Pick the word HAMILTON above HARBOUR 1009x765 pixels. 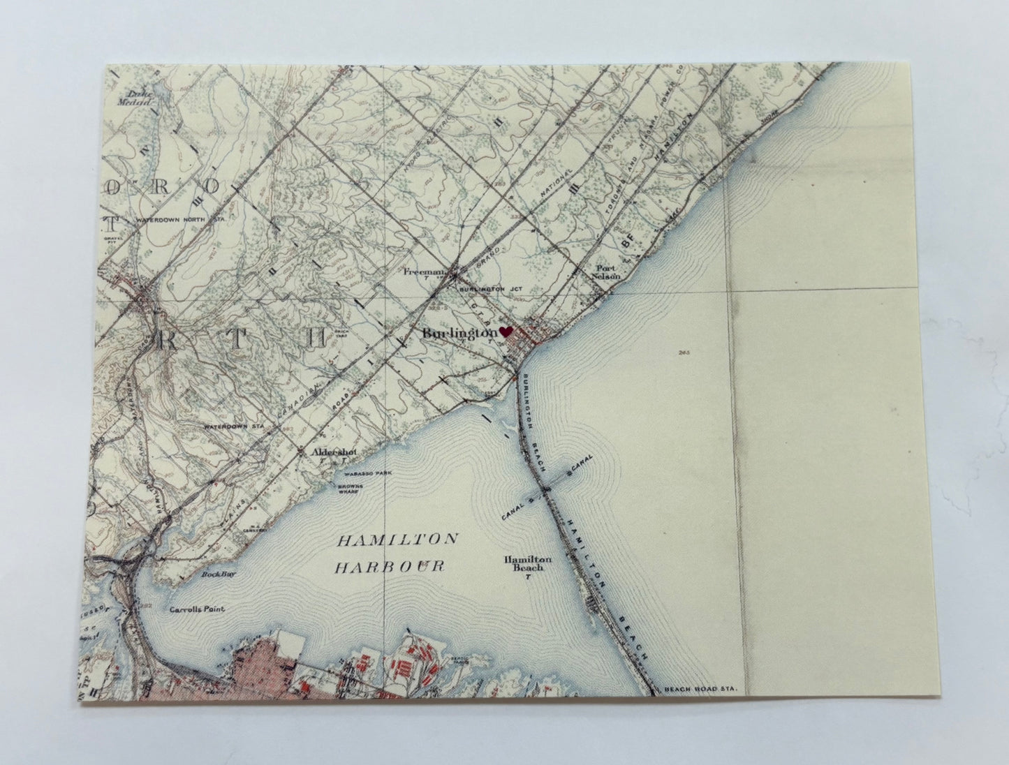coord(398,540)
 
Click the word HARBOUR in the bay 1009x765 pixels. coord(390,566)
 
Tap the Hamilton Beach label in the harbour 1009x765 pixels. coord(528,564)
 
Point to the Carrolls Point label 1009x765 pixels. coord(196,609)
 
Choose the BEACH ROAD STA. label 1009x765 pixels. coord(705,690)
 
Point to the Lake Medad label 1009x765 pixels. coord(141,97)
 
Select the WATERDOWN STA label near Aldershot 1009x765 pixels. coord(228,426)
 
